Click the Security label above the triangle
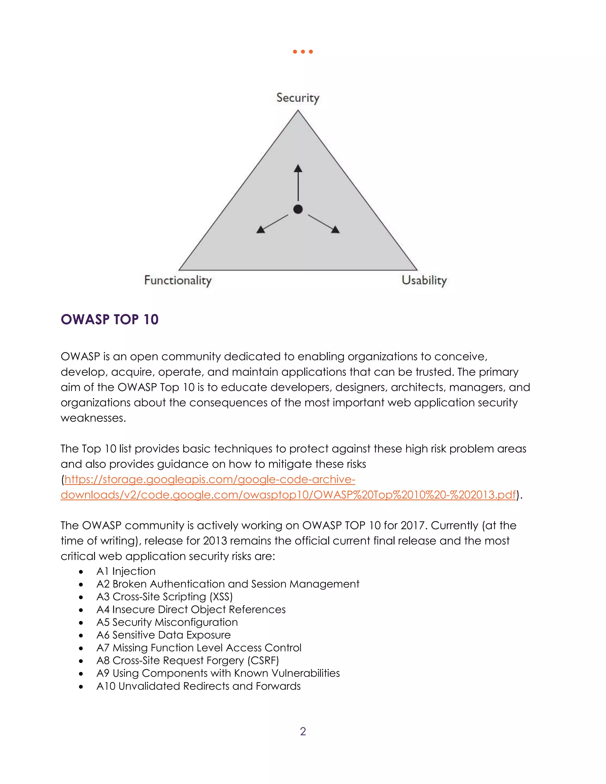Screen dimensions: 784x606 point(298,98)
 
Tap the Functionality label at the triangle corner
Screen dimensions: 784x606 point(178,280)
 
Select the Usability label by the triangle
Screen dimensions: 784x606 point(424,280)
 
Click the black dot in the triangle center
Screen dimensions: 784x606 point(298,209)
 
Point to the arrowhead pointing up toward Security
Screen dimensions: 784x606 point(298,168)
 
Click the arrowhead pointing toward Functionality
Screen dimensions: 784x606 point(261,229)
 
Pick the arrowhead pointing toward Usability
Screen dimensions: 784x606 point(335,229)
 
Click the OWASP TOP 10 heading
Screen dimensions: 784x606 point(109,320)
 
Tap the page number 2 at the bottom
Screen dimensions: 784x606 point(303,732)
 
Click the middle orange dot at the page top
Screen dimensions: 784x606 point(303,52)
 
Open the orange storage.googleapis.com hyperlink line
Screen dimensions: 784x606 point(210,480)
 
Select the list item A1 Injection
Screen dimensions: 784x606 point(126,571)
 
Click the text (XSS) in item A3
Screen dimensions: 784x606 point(221,597)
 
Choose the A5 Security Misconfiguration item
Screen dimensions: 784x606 point(167,622)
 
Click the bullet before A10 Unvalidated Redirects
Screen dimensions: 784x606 point(81,687)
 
